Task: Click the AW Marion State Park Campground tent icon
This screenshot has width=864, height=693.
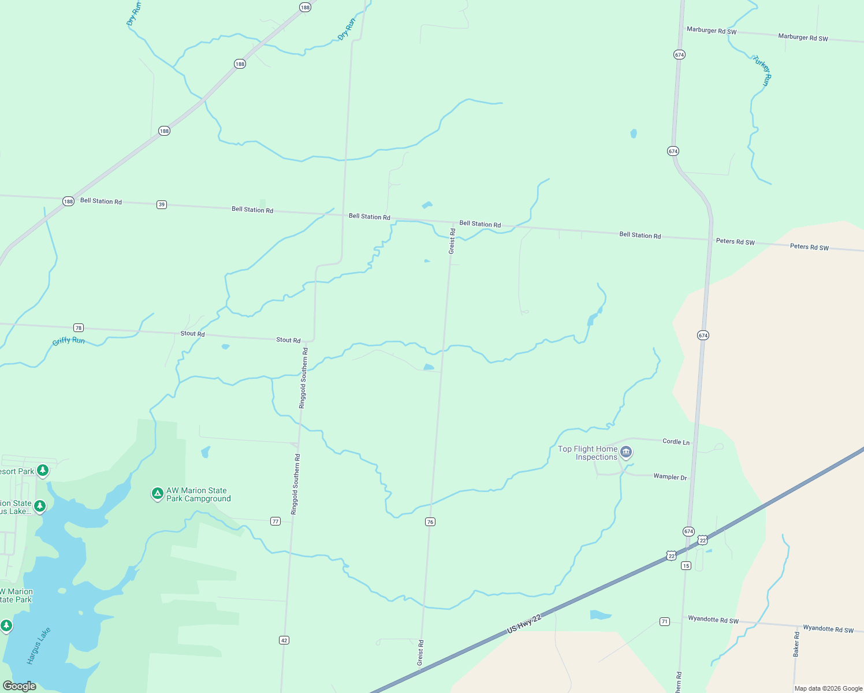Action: pos(157,494)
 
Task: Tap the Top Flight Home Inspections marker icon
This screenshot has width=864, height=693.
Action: pos(626,452)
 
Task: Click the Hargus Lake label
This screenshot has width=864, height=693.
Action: pos(39,646)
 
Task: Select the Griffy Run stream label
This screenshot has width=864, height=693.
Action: pos(69,341)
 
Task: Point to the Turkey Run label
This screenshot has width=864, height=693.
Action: pos(762,71)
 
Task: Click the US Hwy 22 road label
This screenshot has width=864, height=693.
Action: pos(524,624)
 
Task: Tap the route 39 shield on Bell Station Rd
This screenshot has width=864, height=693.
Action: pos(162,204)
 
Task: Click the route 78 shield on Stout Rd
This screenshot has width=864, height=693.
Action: pos(79,328)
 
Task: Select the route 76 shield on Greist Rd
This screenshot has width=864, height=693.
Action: pos(430,522)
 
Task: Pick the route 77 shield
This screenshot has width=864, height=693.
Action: pos(275,521)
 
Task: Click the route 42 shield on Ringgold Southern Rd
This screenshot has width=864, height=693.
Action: pos(284,640)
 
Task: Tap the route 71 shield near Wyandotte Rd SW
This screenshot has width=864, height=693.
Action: pos(665,621)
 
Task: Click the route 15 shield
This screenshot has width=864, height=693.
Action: pos(686,565)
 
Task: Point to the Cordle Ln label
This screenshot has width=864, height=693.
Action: pos(676,442)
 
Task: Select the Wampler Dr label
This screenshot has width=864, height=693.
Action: pos(670,477)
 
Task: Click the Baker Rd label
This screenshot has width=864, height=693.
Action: pos(796,644)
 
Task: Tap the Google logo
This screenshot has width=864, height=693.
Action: pos(20,686)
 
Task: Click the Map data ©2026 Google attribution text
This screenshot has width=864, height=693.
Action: pos(828,688)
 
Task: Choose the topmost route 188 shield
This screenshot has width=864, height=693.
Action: pos(305,8)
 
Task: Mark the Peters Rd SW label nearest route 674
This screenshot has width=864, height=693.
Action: pos(735,241)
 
